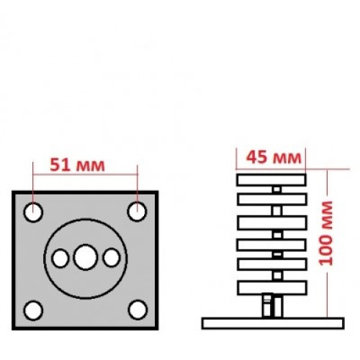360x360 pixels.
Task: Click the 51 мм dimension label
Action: pyautogui.click(x=77, y=166)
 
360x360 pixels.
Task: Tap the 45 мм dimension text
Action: pyautogui.click(x=274, y=158)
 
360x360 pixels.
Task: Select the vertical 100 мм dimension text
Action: pyautogui.click(x=326, y=233)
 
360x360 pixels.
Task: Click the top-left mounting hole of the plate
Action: pyautogui.click(x=33, y=212)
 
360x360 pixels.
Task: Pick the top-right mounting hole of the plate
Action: pyautogui.click(x=137, y=212)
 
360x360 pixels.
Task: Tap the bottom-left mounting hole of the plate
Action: pyautogui.click(x=33, y=310)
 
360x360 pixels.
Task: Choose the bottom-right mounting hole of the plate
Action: pyautogui.click(x=138, y=310)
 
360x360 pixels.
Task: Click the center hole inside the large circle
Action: pyautogui.click(x=86, y=257)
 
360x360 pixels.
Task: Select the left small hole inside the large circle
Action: pyautogui.click(x=60, y=258)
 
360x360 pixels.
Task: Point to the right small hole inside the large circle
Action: pyautogui.click(x=112, y=258)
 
